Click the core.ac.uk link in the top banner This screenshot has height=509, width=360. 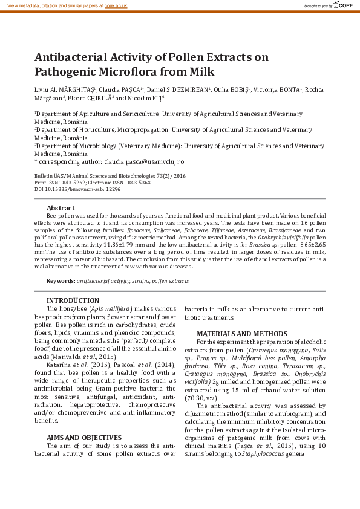point(116,5)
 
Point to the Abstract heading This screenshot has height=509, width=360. point(61,208)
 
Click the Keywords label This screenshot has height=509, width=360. point(60,281)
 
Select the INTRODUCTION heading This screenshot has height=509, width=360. point(72,300)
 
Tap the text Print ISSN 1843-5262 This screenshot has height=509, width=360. point(59,182)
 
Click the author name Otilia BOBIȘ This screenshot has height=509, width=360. point(232,89)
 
